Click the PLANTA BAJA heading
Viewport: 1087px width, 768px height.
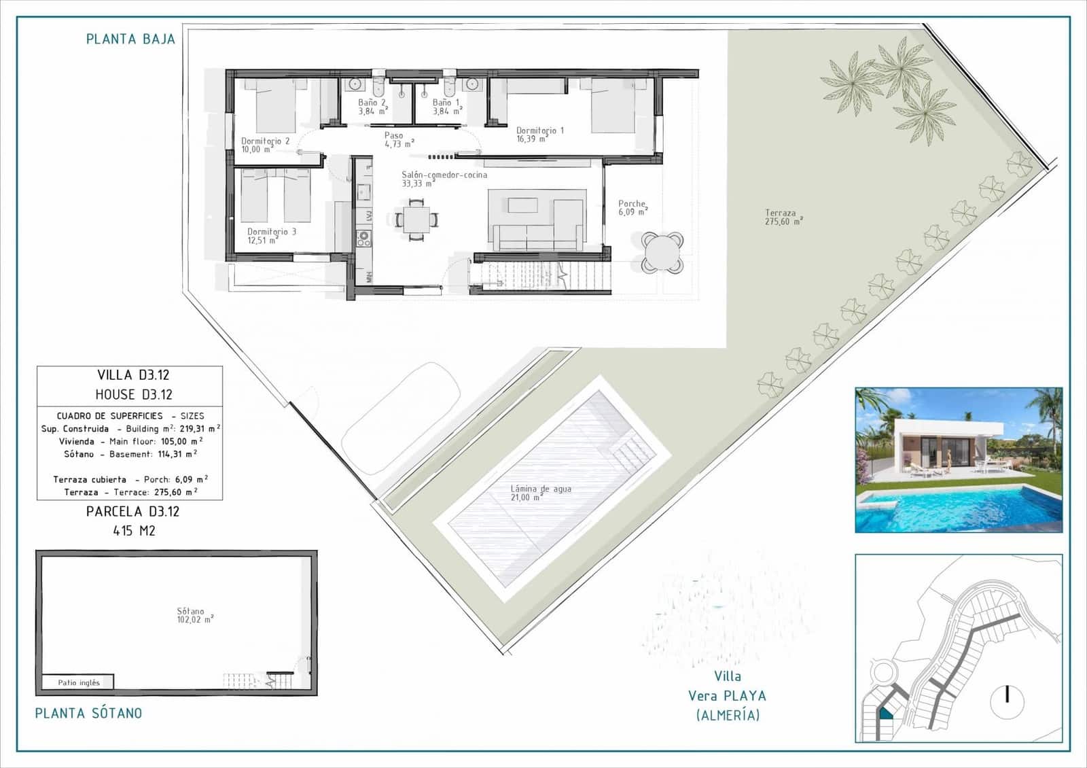130,39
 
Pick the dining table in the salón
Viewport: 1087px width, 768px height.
416,219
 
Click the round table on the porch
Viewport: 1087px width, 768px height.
662,253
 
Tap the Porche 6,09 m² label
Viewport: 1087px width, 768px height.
632,207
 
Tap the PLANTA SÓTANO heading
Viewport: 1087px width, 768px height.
88,713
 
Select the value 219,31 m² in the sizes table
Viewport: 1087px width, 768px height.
200,429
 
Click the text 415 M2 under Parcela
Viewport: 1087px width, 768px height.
134,531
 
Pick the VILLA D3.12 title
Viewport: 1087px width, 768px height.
133,374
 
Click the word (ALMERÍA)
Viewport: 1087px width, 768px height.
728,715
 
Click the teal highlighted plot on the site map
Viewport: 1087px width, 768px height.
886,714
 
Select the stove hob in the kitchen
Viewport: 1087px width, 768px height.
363,238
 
